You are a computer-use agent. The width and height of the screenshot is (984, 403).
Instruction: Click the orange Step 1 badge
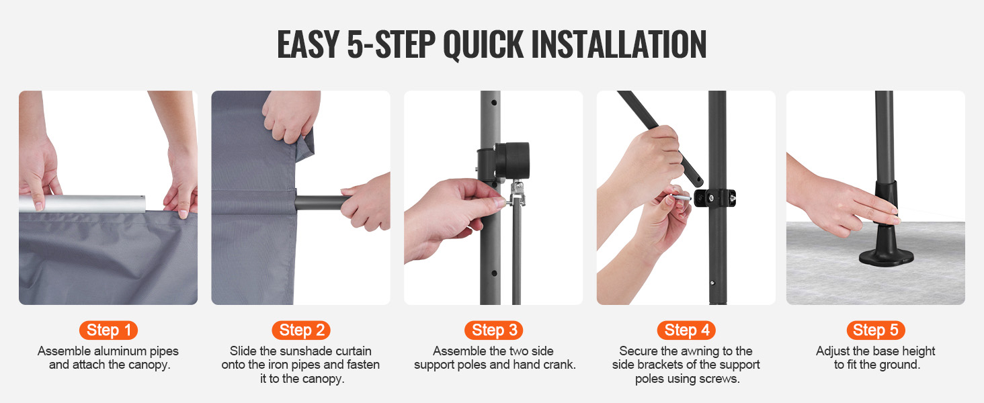tap(108, 330)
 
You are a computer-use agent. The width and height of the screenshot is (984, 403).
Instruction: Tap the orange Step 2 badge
tap(301, 330)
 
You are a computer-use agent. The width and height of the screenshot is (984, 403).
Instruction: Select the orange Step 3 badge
tap(494, 330)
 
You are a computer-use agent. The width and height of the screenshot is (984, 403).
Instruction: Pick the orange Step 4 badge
tap(687, 330)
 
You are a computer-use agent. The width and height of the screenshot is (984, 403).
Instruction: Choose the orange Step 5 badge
tap(876, 330)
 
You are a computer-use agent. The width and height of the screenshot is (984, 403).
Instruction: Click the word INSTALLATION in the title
tap(619, 44)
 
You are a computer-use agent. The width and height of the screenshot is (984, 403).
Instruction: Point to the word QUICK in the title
tap(483, 45)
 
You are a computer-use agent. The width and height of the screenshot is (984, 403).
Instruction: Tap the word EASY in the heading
tap(308, 44)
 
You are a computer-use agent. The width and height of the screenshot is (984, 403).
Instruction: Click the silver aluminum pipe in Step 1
tap(82, 204)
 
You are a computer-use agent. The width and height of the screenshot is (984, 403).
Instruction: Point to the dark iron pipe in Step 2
tap(321, 202)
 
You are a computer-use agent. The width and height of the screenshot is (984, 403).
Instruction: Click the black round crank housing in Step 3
tap(512, 161)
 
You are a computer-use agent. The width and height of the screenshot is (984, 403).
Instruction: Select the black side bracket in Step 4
tap(714, 198)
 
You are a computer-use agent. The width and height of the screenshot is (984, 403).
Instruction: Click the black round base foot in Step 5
tap(886, 257)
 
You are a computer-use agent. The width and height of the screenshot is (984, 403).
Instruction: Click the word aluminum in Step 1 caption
tap(120, 351)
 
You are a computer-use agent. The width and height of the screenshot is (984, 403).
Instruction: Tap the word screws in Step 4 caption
tap(721, 379)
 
